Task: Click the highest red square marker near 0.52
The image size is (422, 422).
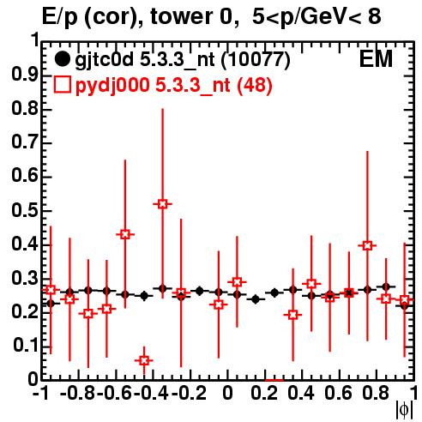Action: pyautogui.click(x=162, y=204)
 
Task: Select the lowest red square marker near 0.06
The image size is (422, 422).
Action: pyautogui.click(x=144, y=360)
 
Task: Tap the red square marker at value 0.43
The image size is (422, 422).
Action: pyautogui.click(x=125, y=235)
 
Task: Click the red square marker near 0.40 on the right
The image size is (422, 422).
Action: pyautogui.click(x=367, y=245)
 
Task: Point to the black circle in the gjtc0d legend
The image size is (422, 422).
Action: pyautogui.click(x=62, y=59)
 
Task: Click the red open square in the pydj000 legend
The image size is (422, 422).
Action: pyautogui.click(x=62, y=85)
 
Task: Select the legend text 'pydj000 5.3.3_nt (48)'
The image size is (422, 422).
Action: pyautogui.click(x=173, y=86)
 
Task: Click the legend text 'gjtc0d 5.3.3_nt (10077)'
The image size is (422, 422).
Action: pyautogui.click(x=183, y=60)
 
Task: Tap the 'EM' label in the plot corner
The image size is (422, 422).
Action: pyautogui.click(x=376, y=59)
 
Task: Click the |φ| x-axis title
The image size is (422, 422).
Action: pyautogui.click(x=404, y=409)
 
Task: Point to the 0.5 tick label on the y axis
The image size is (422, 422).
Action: pyautogui.click(x=25, y=210)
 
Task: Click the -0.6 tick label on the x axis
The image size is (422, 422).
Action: pyautogui.click(x=115, y=393)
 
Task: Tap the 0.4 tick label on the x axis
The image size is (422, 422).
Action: pyautogui.click(x=301, y=393)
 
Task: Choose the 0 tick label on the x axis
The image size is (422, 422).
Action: pyautogui.click(x=227, y=393)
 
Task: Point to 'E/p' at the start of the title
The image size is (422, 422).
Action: pyautogui.click(x=60, y=18)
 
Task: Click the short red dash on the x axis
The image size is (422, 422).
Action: pyautogui.click(x=274, y=380)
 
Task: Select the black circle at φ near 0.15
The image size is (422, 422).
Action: pyautogui.click(x=256, y=299)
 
